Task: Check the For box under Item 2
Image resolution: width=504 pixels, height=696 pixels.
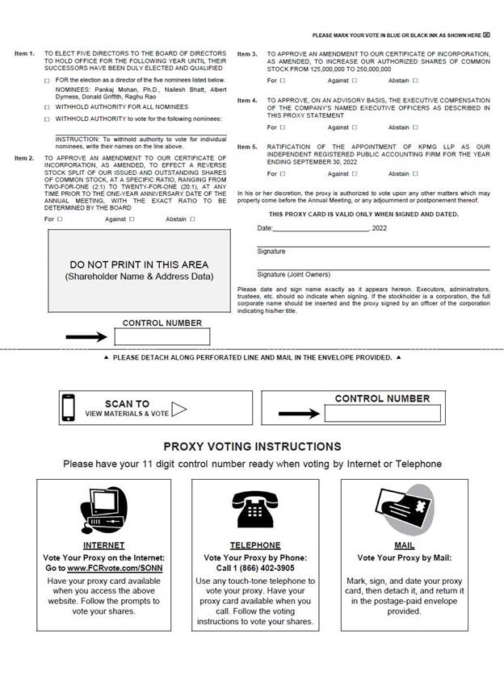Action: click(59, 219)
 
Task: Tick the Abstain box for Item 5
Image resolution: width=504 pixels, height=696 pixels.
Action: click(415, 173)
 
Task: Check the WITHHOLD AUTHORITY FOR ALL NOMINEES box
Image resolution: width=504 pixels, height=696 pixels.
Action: click(47, 106)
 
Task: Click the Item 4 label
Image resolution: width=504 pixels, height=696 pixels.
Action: click(247, 101)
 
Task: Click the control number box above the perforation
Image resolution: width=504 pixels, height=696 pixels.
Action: click(173, 336)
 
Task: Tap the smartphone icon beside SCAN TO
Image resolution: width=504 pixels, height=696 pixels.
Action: click(69, 407)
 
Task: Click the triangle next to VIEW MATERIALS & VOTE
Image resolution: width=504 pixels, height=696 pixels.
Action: click(178, 409)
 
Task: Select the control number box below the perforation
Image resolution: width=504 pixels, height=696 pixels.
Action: click(383, 414)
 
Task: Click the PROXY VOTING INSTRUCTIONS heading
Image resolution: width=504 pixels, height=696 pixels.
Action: click(252, 446)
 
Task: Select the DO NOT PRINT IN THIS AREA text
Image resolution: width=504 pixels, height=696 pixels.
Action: click(139, 265)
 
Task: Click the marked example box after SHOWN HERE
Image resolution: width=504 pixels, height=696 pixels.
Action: click(486, 35)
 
